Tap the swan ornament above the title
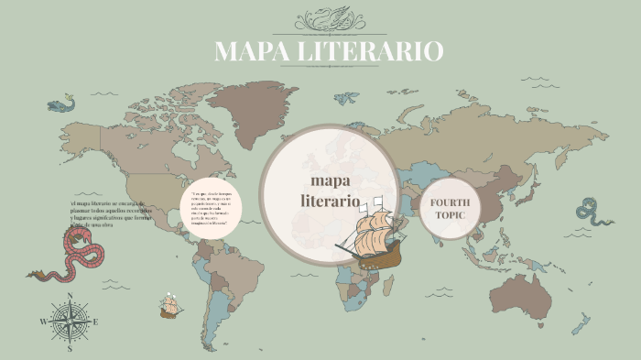[328, 18]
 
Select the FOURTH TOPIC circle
[450, 208]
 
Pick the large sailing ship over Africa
[370, 236]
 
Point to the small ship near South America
[169, 305]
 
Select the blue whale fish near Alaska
[60, 104]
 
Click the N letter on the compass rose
[70, 296]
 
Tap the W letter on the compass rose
[42, 322]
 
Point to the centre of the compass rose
[70, 322]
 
